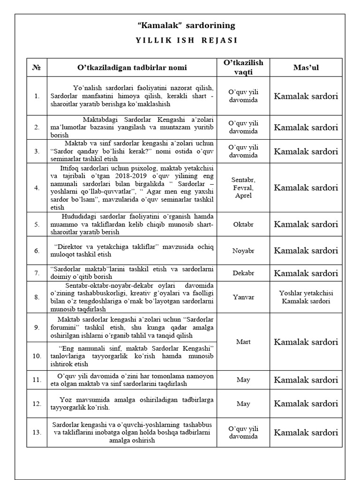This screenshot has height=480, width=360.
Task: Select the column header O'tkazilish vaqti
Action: pos(243,67)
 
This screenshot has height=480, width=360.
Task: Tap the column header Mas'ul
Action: pos(306,67)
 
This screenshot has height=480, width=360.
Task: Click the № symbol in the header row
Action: pos(37,67)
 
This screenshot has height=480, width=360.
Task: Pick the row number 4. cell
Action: pos(37,187)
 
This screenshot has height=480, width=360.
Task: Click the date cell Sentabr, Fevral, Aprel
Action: pos(243,187)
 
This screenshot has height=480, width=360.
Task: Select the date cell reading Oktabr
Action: pos(243,224)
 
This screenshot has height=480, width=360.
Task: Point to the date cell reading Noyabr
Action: pos(243,251)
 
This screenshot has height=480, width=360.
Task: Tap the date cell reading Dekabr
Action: pos(243,273)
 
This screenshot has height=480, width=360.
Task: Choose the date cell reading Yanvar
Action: pos(243,297)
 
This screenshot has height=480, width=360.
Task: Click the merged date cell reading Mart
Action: pos(243,342)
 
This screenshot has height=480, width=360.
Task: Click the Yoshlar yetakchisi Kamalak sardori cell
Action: pos(306,297)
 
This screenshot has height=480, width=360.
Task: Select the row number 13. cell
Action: pos(37,432)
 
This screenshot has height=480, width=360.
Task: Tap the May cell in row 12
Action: pos(243,404)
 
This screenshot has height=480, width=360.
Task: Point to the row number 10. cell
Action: pos(37,356)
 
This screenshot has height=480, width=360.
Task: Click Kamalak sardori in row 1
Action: pos(306,96)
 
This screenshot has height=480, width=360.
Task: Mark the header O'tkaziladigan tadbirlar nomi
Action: pos(132,67)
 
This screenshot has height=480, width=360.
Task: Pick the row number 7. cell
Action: pos(37,273)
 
